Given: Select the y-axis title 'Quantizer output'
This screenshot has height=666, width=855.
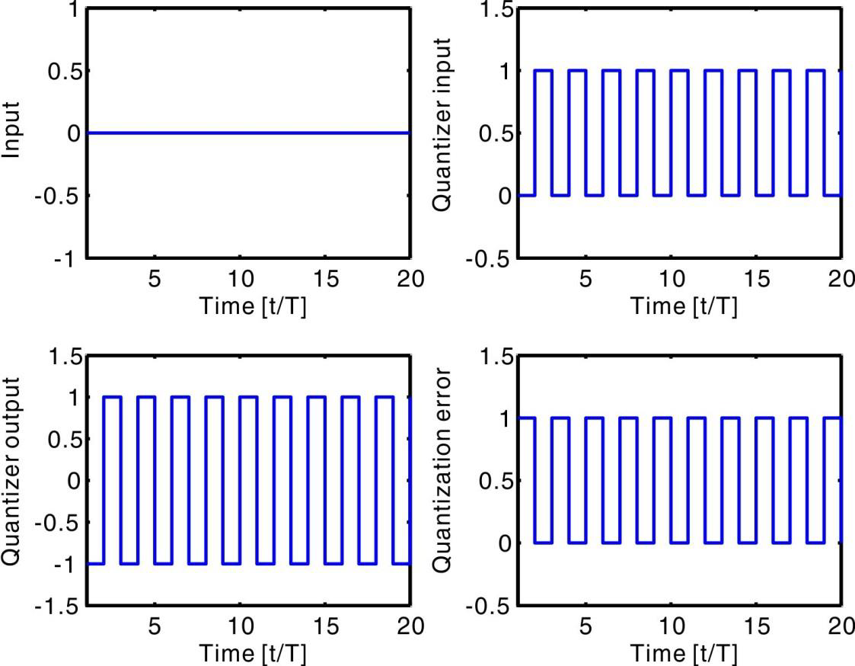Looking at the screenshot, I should pos(12,481).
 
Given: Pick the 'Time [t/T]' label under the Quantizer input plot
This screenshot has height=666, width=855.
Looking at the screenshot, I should pos(683,306).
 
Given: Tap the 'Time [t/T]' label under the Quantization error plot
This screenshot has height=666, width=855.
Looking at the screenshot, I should pos(683,653).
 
